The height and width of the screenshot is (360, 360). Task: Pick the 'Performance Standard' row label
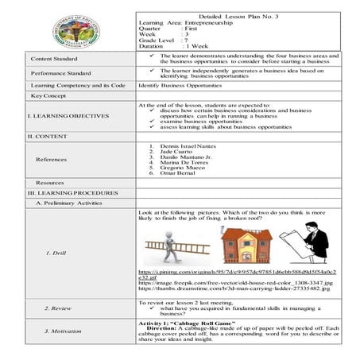60,73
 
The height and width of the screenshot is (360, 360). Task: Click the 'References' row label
51,160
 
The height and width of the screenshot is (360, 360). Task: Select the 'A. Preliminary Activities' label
66,203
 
